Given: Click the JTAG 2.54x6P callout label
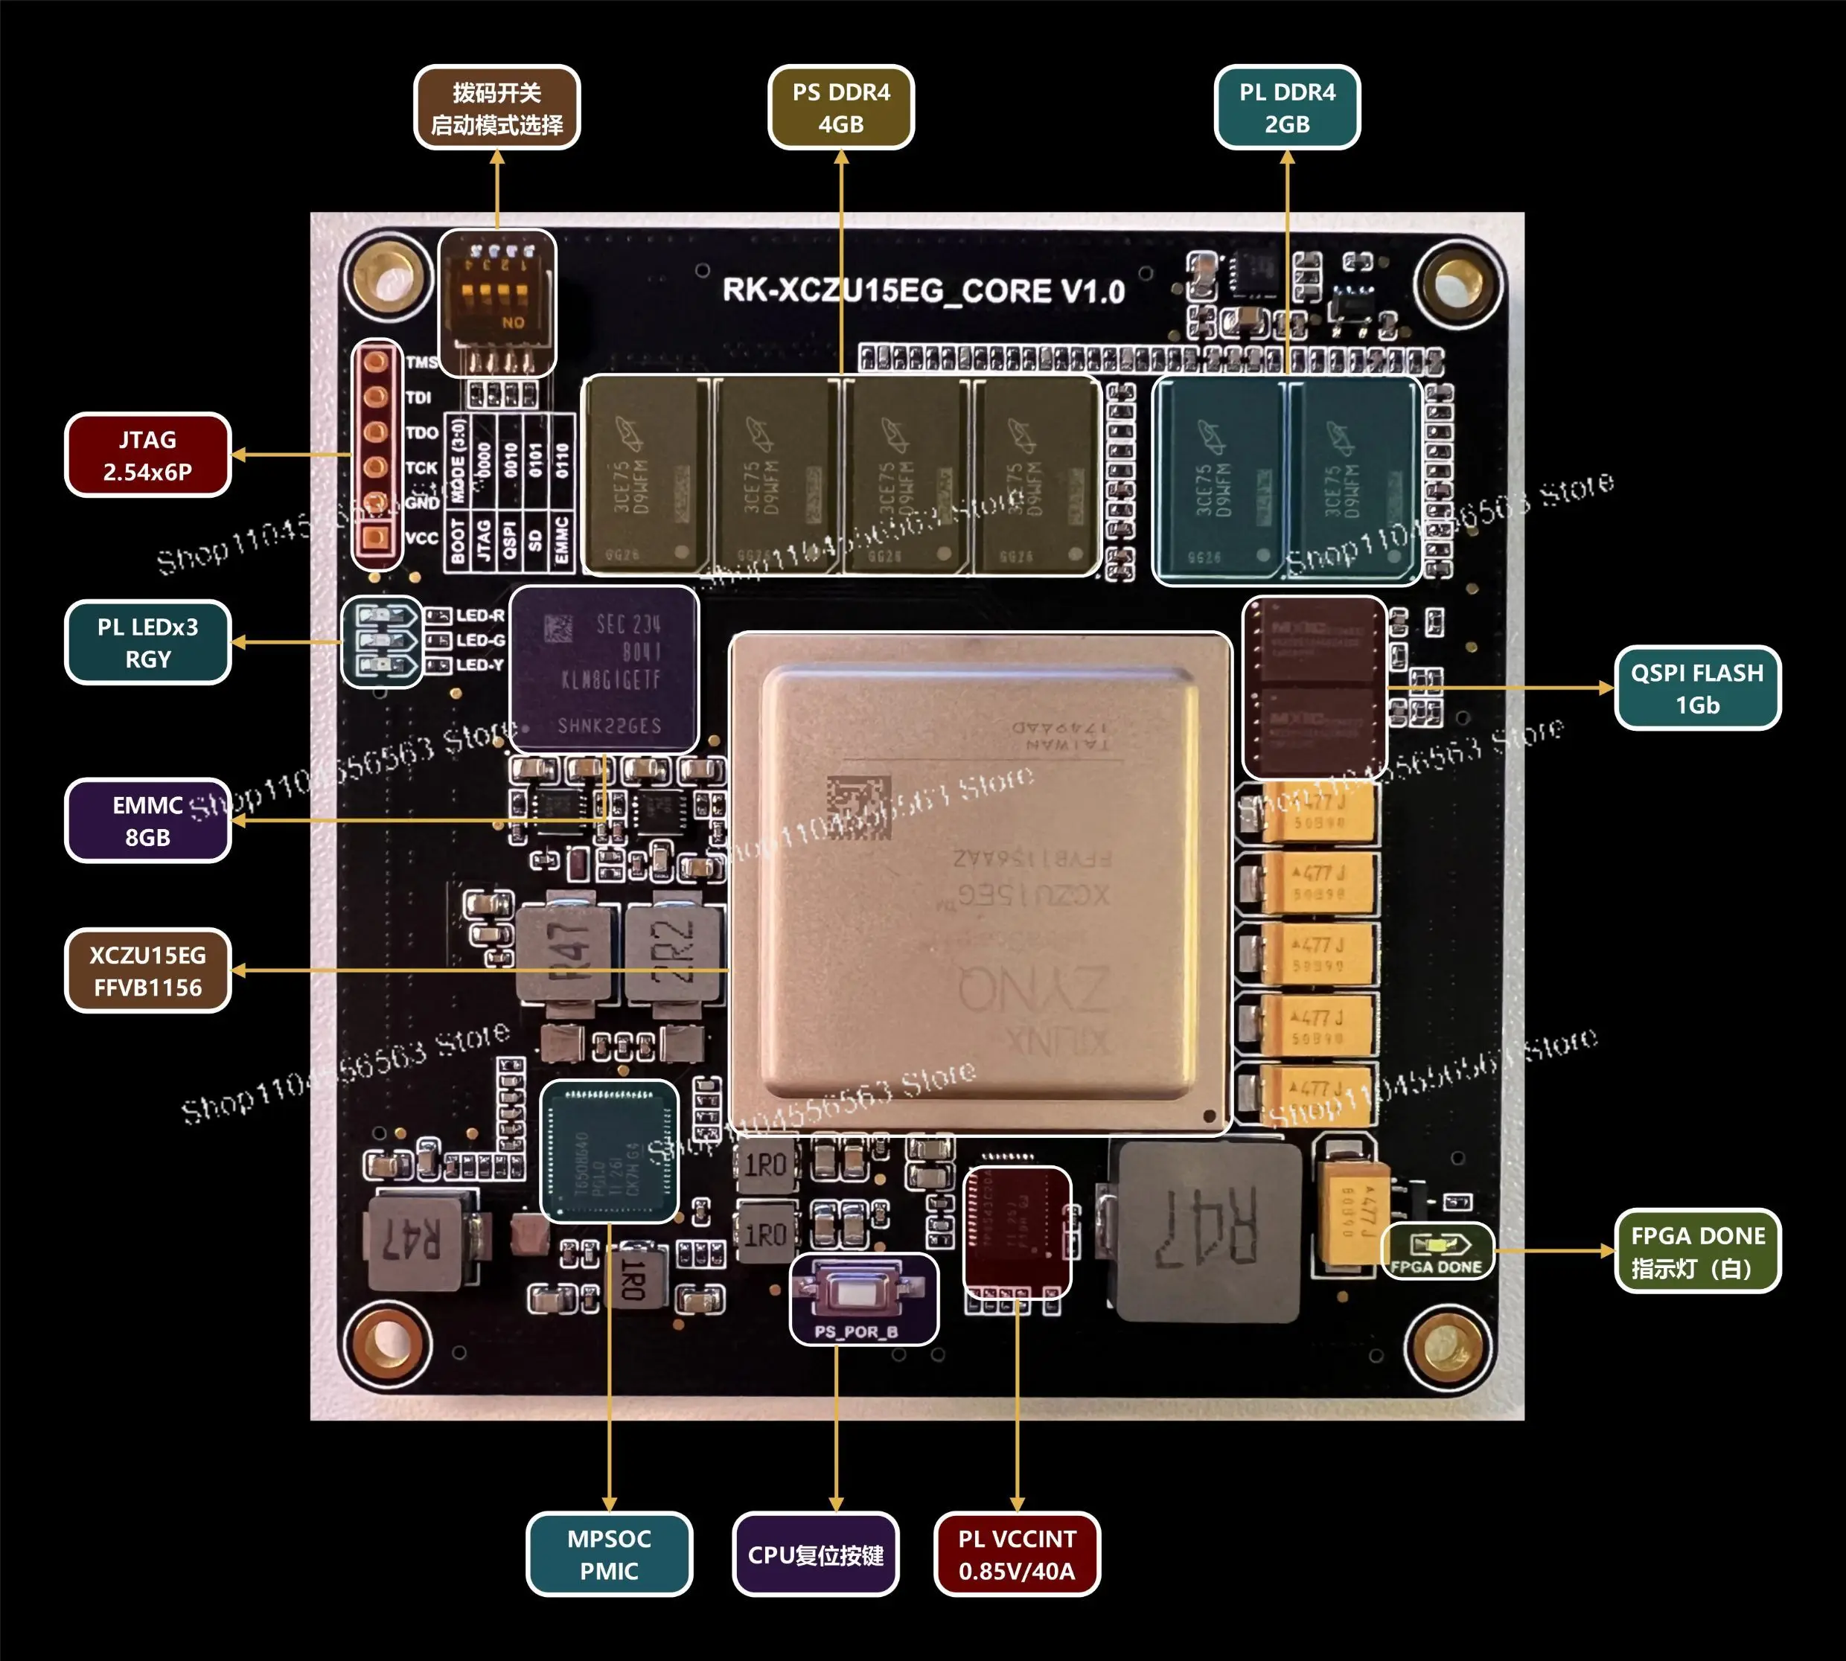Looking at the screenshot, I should pos(147,455).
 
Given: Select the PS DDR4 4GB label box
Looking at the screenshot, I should pos(841,108).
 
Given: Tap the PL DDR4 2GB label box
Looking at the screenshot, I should pos(1286,108).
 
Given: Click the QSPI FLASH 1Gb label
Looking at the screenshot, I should pos(1696,688).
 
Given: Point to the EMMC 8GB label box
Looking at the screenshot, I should pos(147,821).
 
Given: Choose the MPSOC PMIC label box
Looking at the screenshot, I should pos(609,1555).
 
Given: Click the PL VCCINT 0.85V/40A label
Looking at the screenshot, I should pos(1016,1555).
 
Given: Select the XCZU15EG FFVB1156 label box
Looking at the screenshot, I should pos(147,971).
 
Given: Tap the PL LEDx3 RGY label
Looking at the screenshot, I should pos(147,642).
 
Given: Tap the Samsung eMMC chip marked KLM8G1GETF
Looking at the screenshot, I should pos(604,670).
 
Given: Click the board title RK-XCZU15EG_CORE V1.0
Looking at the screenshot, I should pos(923,291).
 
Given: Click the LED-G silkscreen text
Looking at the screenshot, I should pos(480,641).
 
